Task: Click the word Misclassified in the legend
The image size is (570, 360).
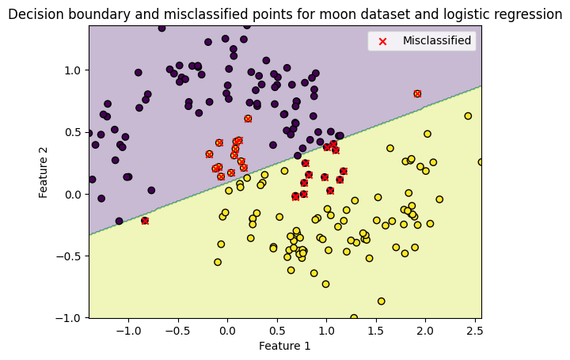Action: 436,40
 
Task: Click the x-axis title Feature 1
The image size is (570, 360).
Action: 284,346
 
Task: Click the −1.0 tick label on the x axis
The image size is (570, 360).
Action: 126,328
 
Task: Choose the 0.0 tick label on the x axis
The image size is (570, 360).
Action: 227,328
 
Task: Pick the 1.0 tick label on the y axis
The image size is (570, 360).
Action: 73,70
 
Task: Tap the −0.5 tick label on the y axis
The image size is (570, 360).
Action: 70,256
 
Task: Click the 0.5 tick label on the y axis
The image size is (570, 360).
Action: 73,132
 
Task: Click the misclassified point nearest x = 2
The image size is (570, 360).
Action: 417,93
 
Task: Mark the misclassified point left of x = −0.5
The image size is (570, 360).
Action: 145,221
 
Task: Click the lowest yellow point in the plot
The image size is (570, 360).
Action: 354,317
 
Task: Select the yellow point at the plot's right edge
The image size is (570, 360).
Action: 481,162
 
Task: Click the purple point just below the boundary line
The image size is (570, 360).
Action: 119,222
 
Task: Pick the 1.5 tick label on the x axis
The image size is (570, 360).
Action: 375,328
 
